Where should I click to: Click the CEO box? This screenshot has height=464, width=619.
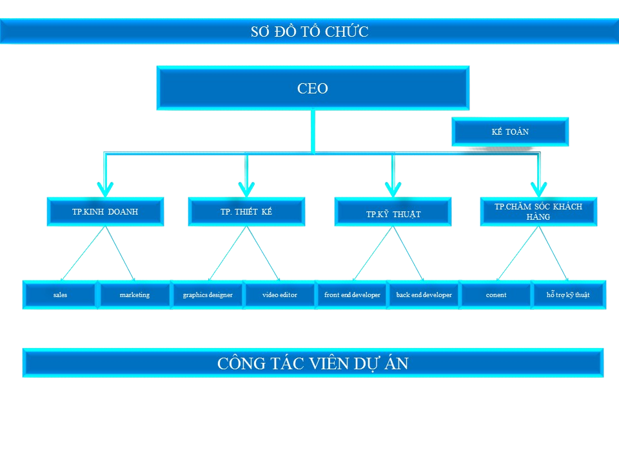(313, 88)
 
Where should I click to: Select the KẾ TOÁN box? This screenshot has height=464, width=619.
(509, 132)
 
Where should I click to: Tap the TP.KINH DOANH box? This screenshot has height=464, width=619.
(105, 211)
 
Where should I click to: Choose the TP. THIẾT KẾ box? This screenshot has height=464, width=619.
(246, 211)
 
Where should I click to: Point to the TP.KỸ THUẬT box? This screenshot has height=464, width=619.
(393, 213)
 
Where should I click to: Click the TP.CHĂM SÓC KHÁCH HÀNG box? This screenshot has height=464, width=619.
(538, 211)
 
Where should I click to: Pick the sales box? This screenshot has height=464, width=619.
(60, 295)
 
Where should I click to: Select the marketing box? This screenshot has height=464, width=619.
(134, 295)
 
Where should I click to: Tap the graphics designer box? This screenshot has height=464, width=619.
(208, 295)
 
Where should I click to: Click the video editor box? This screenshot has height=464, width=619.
(280, 295)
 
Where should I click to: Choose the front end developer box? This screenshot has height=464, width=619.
(352, 295)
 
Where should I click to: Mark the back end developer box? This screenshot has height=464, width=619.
(424, 295)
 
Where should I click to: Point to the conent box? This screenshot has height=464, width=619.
(496, 295)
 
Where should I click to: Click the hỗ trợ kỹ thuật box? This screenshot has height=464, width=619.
(568, 295)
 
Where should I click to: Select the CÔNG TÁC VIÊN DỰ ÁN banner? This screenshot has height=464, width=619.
(313, 363)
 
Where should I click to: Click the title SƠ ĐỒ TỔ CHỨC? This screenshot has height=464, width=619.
(309, 32)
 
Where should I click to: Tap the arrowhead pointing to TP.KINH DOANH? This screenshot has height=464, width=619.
(105, 188)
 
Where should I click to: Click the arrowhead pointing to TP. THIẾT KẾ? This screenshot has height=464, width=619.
(246, 188)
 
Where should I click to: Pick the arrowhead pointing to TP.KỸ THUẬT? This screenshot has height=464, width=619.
(393, 188)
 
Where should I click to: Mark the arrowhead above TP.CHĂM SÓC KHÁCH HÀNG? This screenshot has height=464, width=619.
(538, 188)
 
